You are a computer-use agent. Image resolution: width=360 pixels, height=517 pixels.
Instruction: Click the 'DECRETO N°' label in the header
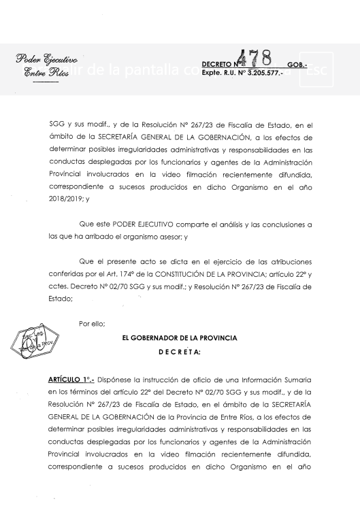(220, 63)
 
